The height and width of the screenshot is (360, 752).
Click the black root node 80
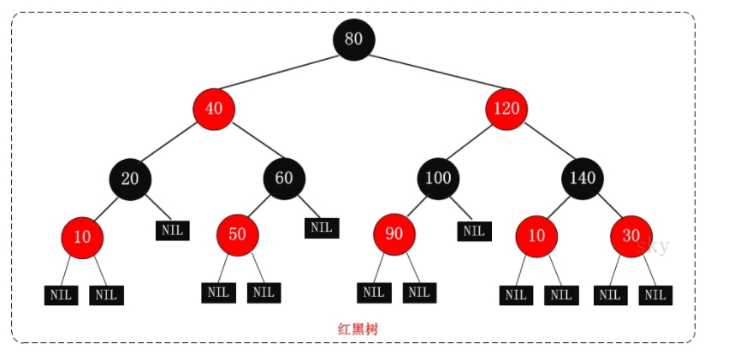click(x=353, y=39)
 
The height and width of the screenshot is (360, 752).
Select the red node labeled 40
click(x=214, y=109)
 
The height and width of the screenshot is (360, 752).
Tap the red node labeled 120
click(x=507, y=109)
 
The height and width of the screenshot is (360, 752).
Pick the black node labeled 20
click(x=130, y=179)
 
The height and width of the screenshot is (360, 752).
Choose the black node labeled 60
click(x=284, y=179)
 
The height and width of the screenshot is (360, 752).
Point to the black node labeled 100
click(x=439, y=179)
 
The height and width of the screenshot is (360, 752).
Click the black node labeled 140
click(x=583, y=179)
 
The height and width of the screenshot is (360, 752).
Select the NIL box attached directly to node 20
click(x=173, y=230)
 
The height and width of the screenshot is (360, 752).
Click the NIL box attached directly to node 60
click(x=322, y=227)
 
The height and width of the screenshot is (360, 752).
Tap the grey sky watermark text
click(x=654, y=247)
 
